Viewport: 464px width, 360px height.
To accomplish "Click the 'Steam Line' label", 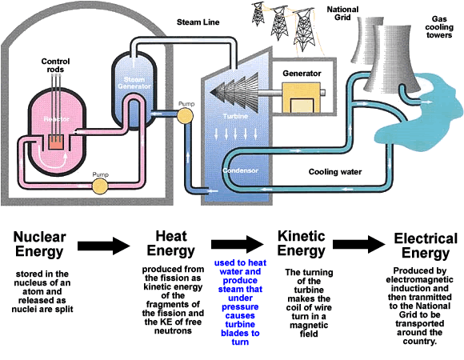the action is coord(198,22).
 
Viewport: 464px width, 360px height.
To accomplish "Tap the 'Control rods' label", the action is coord(55,66).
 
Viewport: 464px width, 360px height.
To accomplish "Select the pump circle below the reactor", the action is coord(100,186).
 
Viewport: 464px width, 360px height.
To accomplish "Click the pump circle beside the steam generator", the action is coord(185,115).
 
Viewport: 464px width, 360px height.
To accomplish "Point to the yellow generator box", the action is coord(302,98).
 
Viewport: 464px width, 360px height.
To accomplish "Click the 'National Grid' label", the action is coord(342,14).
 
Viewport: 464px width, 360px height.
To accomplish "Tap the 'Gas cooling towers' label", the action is coord(439,27).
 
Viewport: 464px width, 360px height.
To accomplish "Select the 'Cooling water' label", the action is coord(335,172).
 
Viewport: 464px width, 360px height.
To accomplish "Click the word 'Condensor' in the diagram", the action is coord(240,170).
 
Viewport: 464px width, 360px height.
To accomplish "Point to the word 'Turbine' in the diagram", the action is coord(235,116).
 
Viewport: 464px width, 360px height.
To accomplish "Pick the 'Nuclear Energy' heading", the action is coord(40,244).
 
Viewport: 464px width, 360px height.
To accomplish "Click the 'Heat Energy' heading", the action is coord(171,243).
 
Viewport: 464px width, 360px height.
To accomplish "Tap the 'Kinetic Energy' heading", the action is coord(302,243).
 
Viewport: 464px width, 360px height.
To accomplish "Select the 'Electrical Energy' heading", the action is coord(426,246).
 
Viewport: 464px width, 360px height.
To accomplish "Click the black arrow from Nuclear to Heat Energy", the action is coord(103,246).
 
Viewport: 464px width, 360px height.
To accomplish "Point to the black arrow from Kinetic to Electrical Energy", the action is coord(359,244).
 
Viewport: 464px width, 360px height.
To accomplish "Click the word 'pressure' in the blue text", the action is coord(240,306).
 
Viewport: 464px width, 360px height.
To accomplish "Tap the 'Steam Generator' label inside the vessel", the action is coord(134,83).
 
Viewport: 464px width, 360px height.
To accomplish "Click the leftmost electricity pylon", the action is coord(258,14).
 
